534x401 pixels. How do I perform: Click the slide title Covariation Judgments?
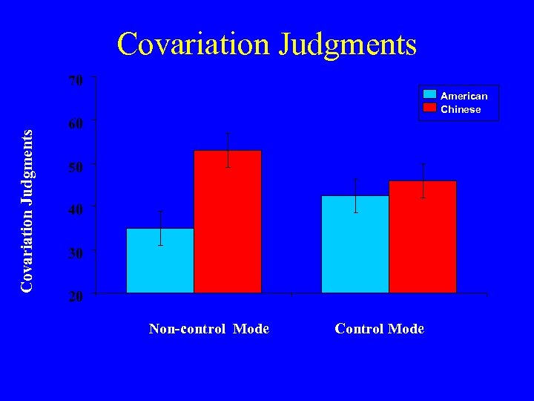(267, 44)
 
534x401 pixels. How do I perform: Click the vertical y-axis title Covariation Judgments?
(27, 210)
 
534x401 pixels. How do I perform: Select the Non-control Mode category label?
(208, 328)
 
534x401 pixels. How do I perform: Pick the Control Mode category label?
(380, 328)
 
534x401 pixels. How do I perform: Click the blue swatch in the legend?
(429, 95)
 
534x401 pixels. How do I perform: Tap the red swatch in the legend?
(429, 108)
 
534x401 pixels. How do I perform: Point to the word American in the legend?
(464, 96)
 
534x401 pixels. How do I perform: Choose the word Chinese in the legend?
(461, 109)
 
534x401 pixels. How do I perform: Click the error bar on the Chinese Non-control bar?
(228, 149)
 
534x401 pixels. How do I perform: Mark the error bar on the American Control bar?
(355, 195)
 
